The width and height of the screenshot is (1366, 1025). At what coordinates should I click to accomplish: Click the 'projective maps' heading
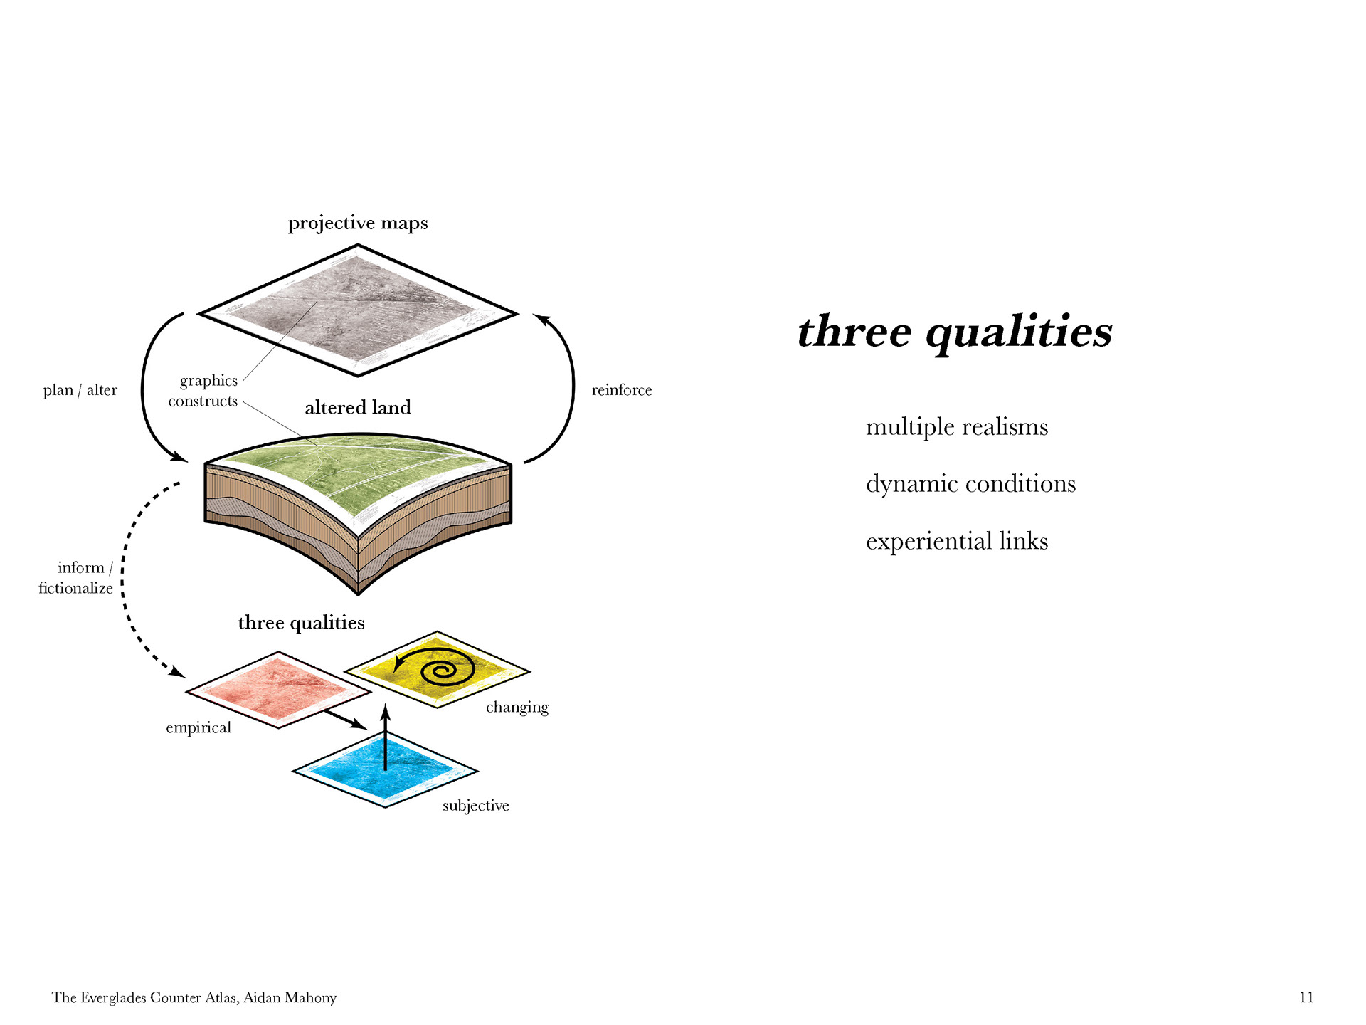pos(358,224)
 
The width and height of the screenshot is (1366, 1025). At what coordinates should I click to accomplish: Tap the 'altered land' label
pos(358,408)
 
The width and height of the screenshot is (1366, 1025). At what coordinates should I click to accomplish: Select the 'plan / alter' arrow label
pos(80,390)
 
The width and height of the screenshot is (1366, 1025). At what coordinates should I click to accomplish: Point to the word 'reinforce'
pos(622,390)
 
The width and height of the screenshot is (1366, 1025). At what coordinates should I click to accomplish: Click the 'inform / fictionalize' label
pos(76,577)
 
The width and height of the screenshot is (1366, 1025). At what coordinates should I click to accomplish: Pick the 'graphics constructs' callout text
pos(204,391)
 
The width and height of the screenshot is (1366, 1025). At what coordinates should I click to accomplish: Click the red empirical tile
pos(277,689)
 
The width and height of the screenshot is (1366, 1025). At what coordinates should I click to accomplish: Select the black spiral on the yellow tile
pos(447,670)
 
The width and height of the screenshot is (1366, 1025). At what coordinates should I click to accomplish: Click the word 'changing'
pos(517,708)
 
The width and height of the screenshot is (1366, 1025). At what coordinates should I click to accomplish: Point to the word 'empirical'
pos(198,727)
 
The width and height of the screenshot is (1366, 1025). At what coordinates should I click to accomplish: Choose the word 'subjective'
pos(475,806)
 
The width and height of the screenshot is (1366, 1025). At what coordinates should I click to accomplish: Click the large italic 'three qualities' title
pos(955,332)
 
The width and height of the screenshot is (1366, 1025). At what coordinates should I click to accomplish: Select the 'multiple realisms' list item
pos(956,427)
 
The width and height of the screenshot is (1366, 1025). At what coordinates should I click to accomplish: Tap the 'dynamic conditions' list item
pos(970,484)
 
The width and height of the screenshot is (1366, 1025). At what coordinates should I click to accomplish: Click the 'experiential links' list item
pos(956,542)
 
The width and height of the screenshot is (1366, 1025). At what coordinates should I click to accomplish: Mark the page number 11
pos(1306,997)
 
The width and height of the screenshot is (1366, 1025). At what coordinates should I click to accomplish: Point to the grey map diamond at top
pos(358,310)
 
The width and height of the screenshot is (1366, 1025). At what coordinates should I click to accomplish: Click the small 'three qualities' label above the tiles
pos(301,623)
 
